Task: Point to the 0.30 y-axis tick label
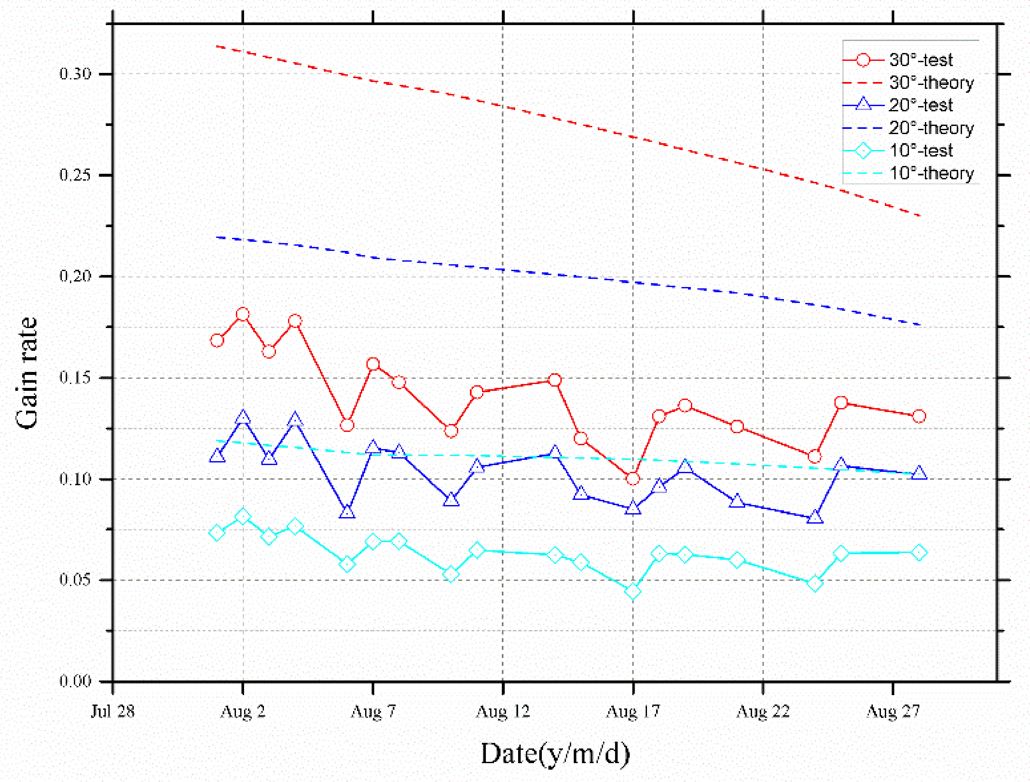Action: [x=75, y=74]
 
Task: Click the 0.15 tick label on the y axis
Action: [x=75, y=377]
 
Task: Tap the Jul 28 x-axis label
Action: [x=112, y=711]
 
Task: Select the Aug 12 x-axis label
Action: [x=503, y=711]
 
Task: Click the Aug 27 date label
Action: [x=893, y=711]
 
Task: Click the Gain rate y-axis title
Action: [x=27, y=373]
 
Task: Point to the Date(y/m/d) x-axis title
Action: [x=555, y=754]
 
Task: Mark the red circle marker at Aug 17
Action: [x=633, y=478]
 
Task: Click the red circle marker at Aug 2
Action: [x=242, y=314]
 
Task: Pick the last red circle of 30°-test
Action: [x=919, y=416]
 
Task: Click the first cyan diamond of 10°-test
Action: [x=216, y=532]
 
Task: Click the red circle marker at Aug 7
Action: [x=373, y=364]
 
